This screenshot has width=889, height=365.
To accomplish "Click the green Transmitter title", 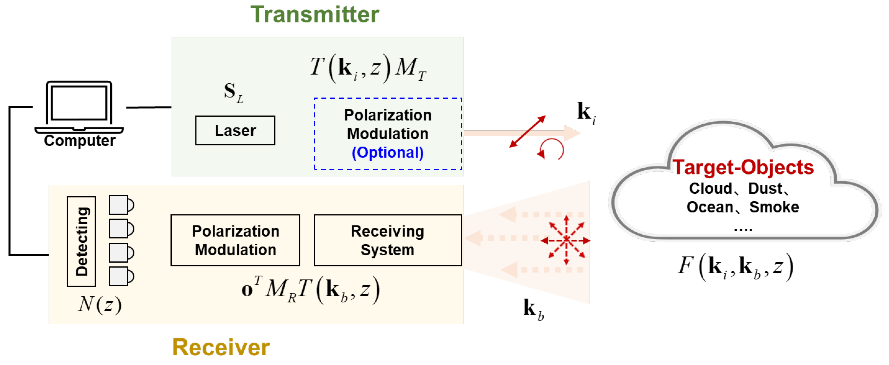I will tap(314, 15).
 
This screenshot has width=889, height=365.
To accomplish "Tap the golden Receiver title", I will tap(221, 347).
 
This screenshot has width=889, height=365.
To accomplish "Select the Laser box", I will tap(235, 130).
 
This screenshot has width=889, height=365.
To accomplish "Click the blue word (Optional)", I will tap(388, 153).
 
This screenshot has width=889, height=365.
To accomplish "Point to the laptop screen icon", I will tap(79, 103).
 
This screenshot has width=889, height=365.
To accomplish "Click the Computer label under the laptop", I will tap(79, 141).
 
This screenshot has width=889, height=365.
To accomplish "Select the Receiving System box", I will tap(388, 240).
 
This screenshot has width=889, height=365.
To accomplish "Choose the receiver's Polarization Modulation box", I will tap(235, 240).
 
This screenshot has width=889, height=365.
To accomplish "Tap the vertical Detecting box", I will tap(81, 241).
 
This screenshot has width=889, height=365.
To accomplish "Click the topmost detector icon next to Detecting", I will tap(121, 205).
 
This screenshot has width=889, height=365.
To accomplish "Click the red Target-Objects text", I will tap(743, 167).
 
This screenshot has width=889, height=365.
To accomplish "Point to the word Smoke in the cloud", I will tap(774, 207).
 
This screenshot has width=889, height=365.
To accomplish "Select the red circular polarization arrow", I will tap(552, 149).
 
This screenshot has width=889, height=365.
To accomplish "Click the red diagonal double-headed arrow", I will tap(527, 131).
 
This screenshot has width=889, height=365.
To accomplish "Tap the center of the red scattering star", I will tap(566, 240).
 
